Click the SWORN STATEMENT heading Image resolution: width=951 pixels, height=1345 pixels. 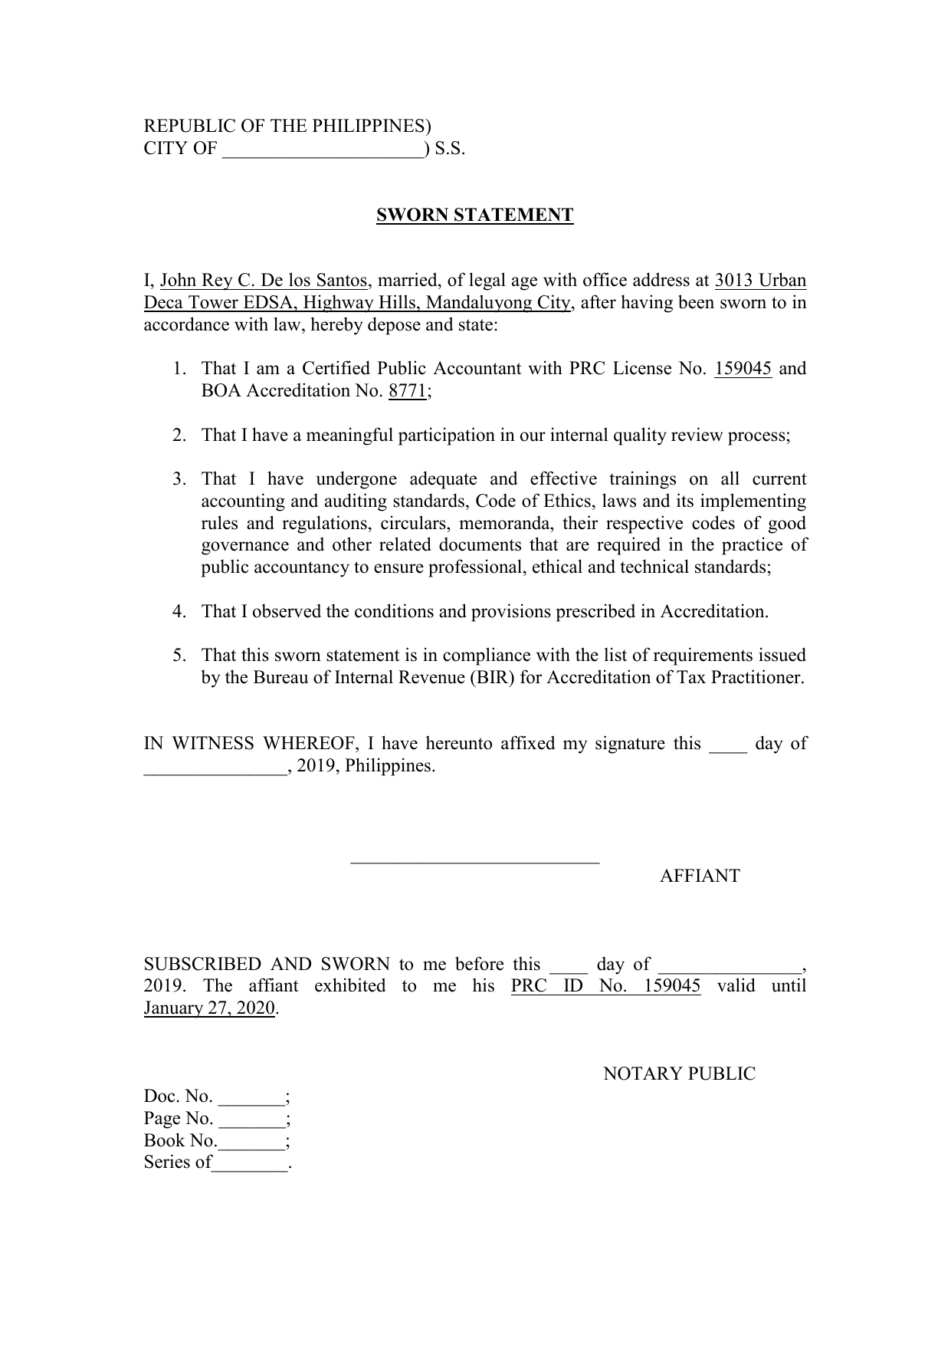pos(474,215)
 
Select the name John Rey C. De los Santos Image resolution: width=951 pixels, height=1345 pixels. pos(263,281)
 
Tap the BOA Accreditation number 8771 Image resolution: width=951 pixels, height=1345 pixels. pos(407,391)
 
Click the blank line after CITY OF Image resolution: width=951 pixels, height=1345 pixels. pos(323,150)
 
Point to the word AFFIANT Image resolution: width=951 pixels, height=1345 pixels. pos(700,876)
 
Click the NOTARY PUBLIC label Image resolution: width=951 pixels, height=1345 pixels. pos(679,1074)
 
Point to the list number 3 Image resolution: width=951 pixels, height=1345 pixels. pos(179,480)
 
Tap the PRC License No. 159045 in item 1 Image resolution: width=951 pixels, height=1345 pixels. pos(743,369)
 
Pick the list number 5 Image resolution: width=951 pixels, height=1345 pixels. pos(179,656)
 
